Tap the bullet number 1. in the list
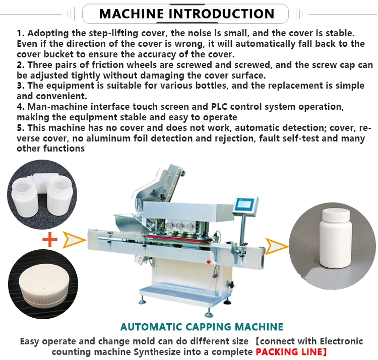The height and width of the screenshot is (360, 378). point(21,33)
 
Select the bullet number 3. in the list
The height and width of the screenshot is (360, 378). point(21,86)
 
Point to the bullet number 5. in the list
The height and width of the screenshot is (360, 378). point(21,128)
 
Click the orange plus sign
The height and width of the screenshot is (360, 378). point(50,240)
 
